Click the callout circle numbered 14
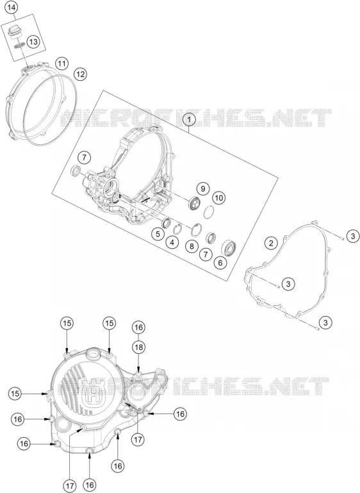click(12, 8)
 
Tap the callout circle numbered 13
click(33, 41)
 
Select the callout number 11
click(62, 64)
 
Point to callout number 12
click(80, 74)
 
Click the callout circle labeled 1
click(189, 119)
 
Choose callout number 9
click(203, 188)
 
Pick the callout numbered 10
click(219, 197)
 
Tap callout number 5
click(158, 234)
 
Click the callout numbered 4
click(172, 242)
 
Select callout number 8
click(192, 246)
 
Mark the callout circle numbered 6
click(220, 263)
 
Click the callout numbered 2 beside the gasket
click(272, 243)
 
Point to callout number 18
click(138, 347)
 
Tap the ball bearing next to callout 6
click(229, 247)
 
